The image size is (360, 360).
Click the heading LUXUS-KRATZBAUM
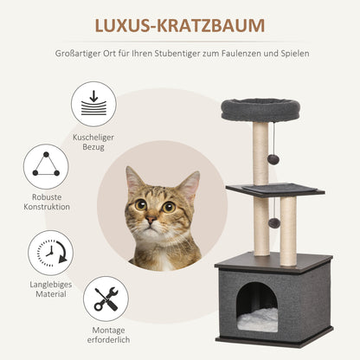coord(179,27)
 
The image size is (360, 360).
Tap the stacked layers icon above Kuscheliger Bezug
coord(93,105)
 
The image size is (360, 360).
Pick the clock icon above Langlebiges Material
coord(50,253)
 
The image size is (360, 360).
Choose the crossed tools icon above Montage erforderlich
coord(106,299)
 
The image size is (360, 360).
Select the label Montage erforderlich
coord(107,338)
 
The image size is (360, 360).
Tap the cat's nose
coord(151,222)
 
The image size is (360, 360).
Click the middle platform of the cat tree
coord(275,189)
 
